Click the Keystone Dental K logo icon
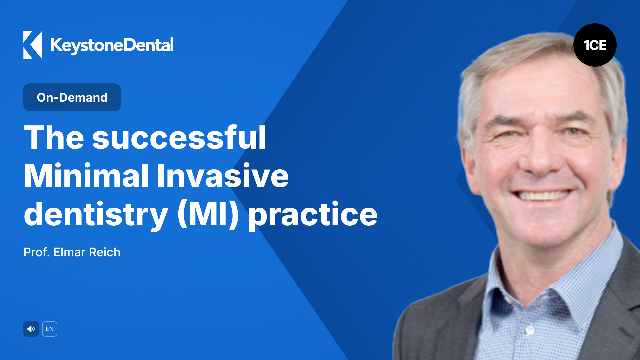point(32,45)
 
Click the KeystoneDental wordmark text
point(112,45)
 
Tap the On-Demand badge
point(72,97)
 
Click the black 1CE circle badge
point(595,45)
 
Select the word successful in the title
point(179,138)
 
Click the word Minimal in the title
point(86,176)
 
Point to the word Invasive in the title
point(223,176)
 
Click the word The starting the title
point(54,138)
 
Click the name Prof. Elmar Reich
point(72,252)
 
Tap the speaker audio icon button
point(31,329)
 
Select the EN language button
point(50,329)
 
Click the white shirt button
point(530,330)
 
